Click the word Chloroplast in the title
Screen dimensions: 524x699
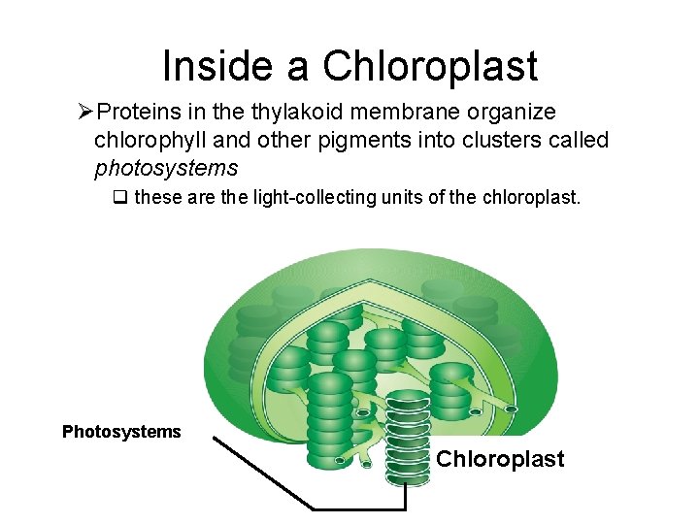(430, 66)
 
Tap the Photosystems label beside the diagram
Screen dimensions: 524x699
(121, 432)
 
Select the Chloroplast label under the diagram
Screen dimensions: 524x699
(500, 459)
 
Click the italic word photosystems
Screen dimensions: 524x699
(166, 168)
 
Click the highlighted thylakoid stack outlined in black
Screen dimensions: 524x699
(407, 437)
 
